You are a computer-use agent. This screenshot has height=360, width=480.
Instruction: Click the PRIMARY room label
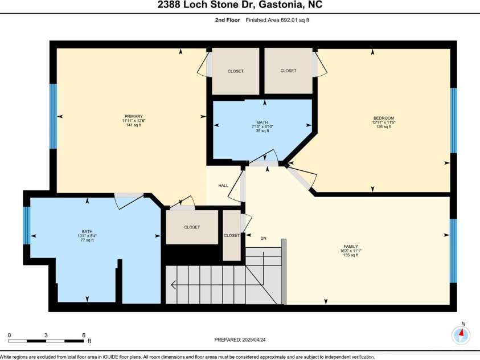(134, 116)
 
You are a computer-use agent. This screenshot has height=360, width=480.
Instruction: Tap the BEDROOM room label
(384, 118)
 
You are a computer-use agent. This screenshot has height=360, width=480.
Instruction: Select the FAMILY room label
(351, 247)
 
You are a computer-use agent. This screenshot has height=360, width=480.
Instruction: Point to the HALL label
(223, 186)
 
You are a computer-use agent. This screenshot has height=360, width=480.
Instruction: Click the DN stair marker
(263, 238)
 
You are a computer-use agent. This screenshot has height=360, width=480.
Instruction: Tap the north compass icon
(461, 334)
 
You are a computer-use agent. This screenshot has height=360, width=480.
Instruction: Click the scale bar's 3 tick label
(46, 335)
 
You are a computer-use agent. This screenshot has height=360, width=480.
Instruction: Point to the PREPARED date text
(240, 340)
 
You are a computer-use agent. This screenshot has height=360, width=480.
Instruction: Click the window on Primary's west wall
(54, 116)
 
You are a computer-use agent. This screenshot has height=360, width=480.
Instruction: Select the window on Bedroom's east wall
(453, 121)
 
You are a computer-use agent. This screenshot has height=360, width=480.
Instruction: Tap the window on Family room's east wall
(453, 251)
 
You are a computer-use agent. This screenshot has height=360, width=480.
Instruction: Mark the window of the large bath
(27, 226)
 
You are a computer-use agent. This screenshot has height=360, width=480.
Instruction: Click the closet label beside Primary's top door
(235, 71)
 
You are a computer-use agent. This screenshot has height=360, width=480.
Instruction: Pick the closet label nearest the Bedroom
(288, 71)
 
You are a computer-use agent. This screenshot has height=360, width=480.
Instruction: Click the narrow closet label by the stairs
(232, 235)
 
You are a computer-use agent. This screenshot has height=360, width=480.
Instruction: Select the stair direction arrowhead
(173, 285)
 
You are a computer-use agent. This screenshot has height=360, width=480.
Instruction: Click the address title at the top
(240, 5)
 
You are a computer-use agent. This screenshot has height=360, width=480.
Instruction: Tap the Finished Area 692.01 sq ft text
(277, 20)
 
